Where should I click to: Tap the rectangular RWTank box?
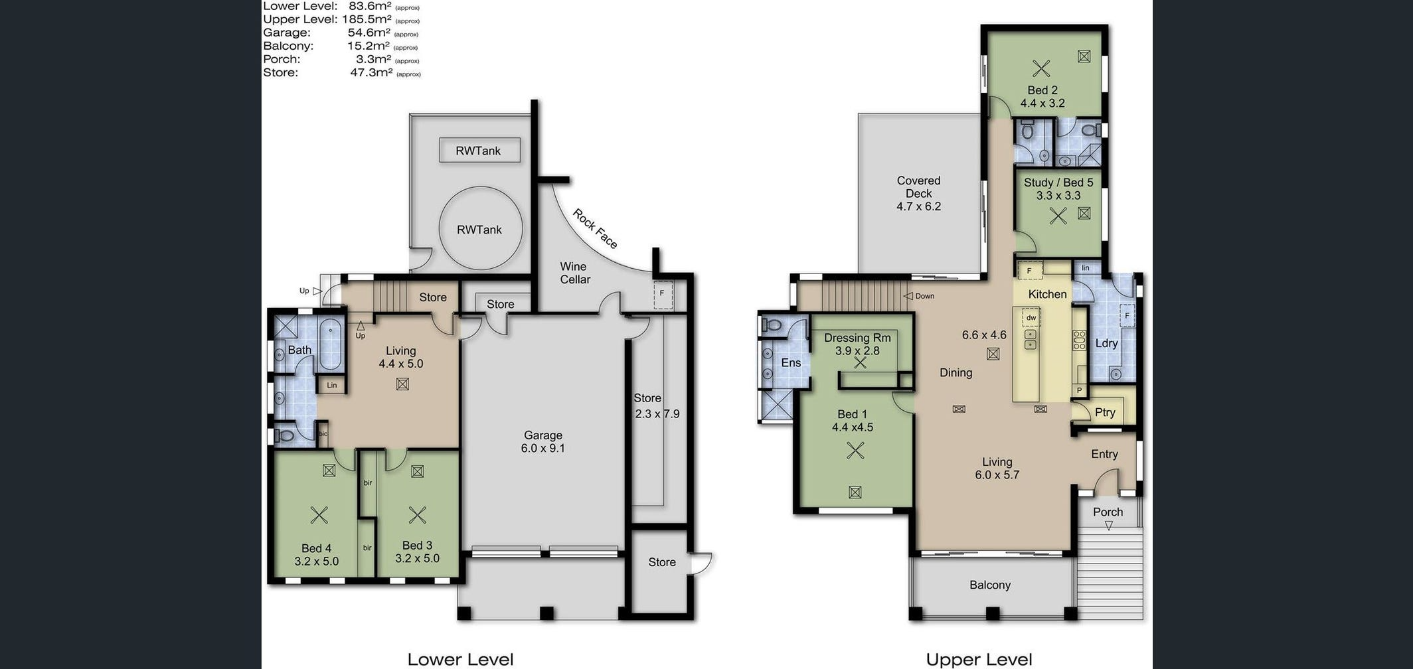pyautogui.click(x=479, y=151)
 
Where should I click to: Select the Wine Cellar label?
pyautogui.click(x=574, y=273)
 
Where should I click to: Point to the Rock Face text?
pyautogui.click(x=595, y=229)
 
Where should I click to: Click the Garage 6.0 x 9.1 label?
pyautogui.click(x=543, y=441)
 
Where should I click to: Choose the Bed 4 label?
pyautogui.click(x=316, y=548)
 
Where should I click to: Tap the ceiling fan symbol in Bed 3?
pyautogui.click(x=417, y=515)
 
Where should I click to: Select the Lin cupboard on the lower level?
pyautogui.click(x=332, y=385)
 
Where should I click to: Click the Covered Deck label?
pyautogui.click(x=919, y=186)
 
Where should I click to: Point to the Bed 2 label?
pyautogui.click(x=1042, y=90)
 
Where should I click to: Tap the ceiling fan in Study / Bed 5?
pyautogui.click(x=1058, y=216)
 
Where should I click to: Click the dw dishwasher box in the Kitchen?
pyautogui.click(x=1031, y=318)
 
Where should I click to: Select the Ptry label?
pyautogui.click(x=1105, y=412)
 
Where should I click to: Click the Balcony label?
pyautogui.click(x=990, y=585)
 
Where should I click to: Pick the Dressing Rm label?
pyautogui.click(x=857, y=338)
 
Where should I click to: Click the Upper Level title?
pyautogui.click(x=979, y=660)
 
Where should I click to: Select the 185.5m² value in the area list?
pyautogui.click(x=365, y=19)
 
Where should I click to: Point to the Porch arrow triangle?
pyautogui.click(x=1108, y=526)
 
